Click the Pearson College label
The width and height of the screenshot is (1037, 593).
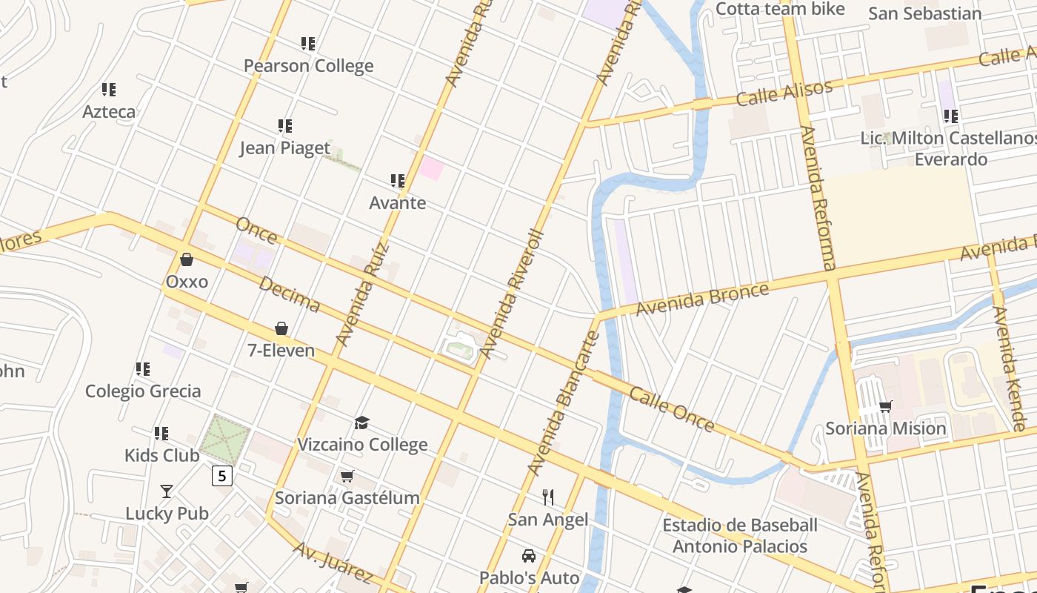pyautogui.click(x=308, y=66)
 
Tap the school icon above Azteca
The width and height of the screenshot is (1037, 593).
pyautogui.click(x=109, y=90)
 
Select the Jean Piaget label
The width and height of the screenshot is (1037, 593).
pyautogui.click(x=284, y=148)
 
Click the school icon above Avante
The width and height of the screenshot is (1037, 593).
pyautogui.click(x=398, y=181)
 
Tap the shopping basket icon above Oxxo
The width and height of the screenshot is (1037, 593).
pyautogui.click(x=187, y=259)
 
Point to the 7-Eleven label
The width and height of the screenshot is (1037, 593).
pyautogui.click(x=281, y=351)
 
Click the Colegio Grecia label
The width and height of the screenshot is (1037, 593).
pyautogui.click(x=143, y=391)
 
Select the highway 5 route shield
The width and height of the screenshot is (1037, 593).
pyautogui.click(x=221, y=475)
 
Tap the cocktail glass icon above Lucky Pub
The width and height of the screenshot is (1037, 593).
pyautogui.click(x=167, y=491)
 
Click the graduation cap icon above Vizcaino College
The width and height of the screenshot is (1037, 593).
pyautogui.click(x=361, y=423)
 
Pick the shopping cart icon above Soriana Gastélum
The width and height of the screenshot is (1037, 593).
pyautogui.click(x=347, y=476)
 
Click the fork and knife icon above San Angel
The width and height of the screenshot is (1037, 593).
pyautogui.click(x=548, y=497)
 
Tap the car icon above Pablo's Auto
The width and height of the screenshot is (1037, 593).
pyautogui.click(x=529, y=556)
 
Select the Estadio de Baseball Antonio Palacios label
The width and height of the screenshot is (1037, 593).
pyautogui.click(x=739, y=536)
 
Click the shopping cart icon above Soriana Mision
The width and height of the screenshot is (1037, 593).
pyautogui.click(x=885, y=406)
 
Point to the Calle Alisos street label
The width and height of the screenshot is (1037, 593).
pyautogui.click(x=784, y=93)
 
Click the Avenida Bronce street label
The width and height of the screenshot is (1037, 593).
pyautogui.click(x=702, y=298)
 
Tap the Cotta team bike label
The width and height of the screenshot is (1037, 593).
pyautogui.click(x=781, y=9)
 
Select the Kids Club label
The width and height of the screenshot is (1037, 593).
pyautogui.click(x=161, y=455)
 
